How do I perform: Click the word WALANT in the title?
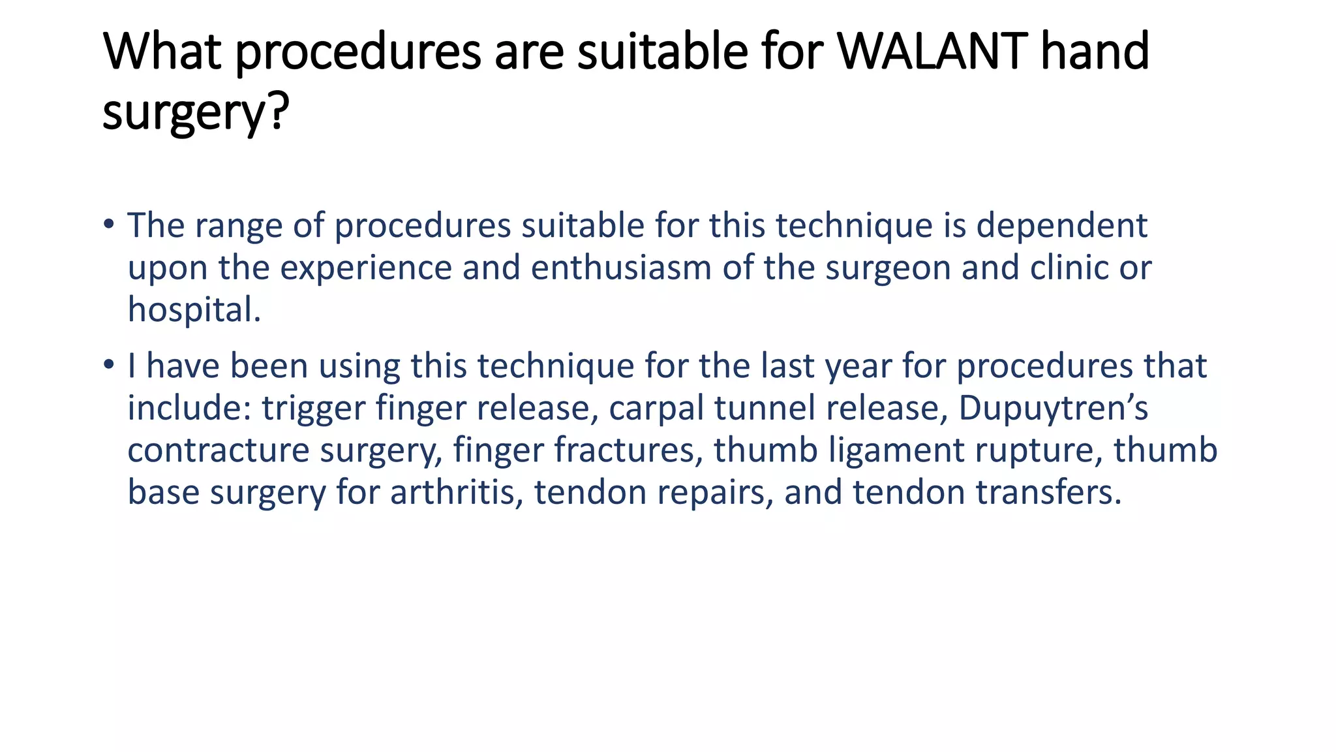[x=929, y=52]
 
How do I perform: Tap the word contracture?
[x=218, y=450]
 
